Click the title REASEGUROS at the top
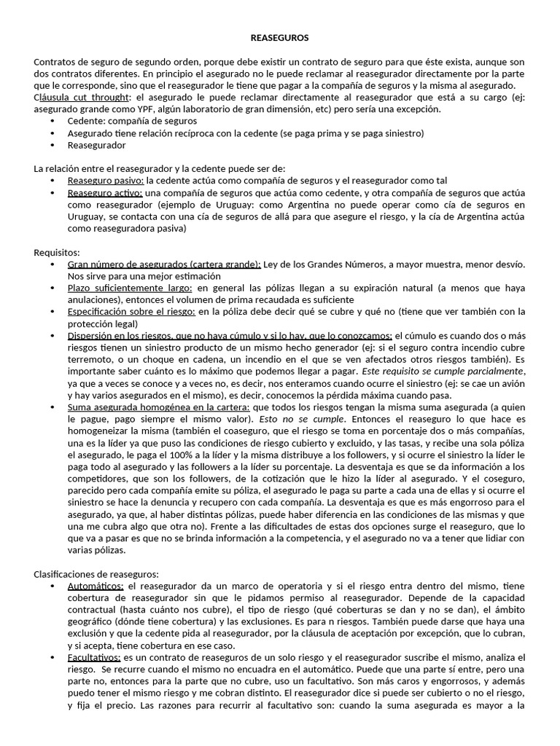(279, 36)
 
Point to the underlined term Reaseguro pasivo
(105, 180)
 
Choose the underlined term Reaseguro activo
(104, 192)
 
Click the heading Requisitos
(56, 252)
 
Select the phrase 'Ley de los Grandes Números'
(322, 264)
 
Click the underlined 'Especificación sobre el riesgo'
(131, 312)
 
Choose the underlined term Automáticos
(96, 586)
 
